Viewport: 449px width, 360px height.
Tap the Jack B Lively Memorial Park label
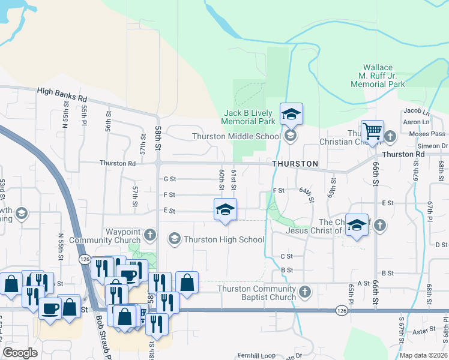point(248,117)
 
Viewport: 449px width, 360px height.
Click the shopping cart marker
point(373,130)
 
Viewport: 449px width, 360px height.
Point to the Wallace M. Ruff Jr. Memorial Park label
point(378,76)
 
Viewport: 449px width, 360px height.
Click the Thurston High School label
point(224,239)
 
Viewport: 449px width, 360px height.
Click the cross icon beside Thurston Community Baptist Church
point(305,292)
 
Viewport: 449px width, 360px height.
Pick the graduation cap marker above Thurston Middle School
point(291,114)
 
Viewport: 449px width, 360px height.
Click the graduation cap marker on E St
point(225,209)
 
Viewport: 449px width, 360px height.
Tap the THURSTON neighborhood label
point(294,163)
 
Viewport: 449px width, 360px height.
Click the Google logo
point(20,353)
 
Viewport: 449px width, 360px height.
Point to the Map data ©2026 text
point(424,355)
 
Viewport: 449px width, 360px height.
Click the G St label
point(170,179)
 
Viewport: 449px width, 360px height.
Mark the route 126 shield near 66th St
point(341,310)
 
